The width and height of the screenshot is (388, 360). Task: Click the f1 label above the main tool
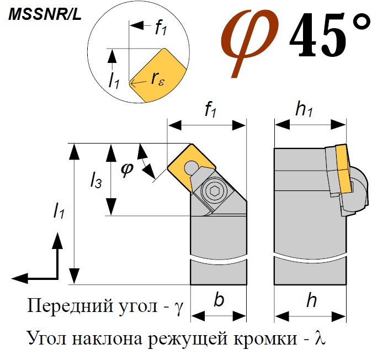tap(211, 110)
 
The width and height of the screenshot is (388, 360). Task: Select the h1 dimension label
tap(304, 110)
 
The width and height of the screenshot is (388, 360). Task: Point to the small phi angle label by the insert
tap(127, 170)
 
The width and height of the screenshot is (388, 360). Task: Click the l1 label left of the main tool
tap(59, 210)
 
